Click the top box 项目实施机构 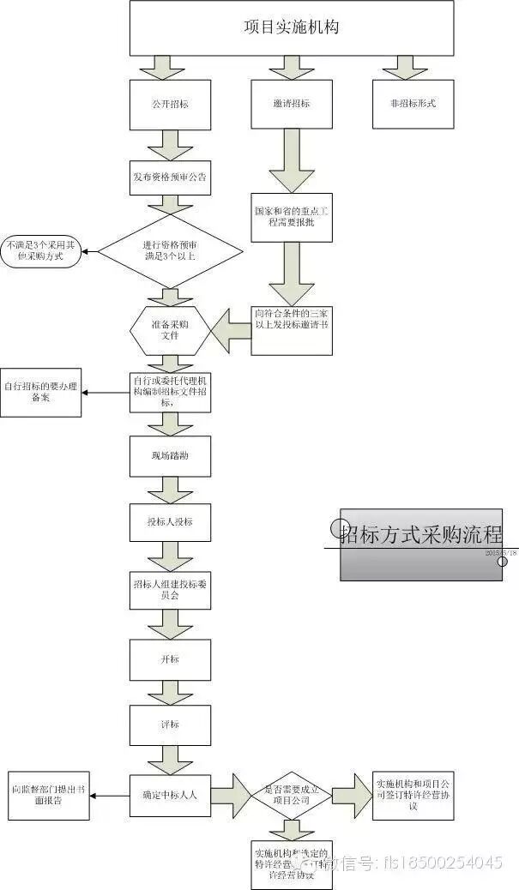point(292,28)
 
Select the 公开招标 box point(170,104)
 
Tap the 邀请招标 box point(292,104)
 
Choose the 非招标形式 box point(413,104)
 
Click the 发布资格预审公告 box point(170,177)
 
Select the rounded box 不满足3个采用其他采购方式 point(40,250)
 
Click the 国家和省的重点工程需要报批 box point(292,217)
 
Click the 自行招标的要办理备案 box point(41,394)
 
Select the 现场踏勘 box point(170,456)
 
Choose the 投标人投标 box point(170,521)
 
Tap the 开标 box point(170,659)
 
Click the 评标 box point(170,725)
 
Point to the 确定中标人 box point(170,796)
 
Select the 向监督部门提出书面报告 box point(49,796)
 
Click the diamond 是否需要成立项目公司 point(292,796)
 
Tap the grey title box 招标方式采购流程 point(420,544)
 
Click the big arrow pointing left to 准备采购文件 point(230,330)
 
